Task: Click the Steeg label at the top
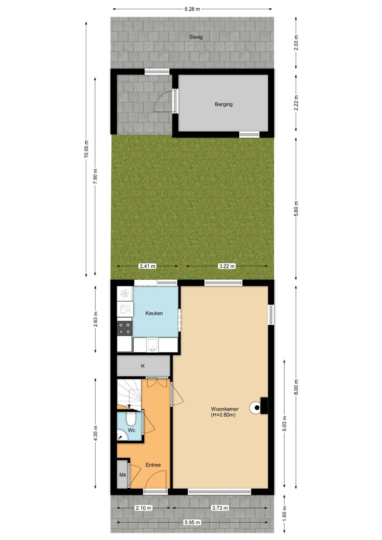[196, 37]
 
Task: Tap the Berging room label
[223, 104]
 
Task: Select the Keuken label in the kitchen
[154, 313]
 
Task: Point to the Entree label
[153, 465]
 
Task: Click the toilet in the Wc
[131, 420]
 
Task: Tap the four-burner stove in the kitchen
[125, 328]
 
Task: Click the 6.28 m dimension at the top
[192, 9]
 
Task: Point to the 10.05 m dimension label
[86, 149]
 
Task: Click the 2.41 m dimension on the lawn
[147, 266]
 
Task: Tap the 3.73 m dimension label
[220, 508]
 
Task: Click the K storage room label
[143, 366]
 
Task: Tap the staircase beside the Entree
[129, 393]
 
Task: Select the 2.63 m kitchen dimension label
[96, 319]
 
